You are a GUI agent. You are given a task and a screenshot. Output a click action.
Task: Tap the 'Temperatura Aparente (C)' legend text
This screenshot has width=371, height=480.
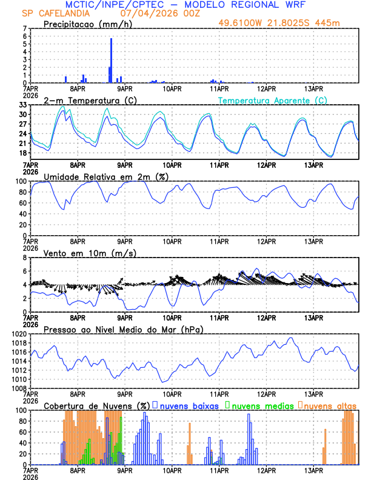click(272, 100)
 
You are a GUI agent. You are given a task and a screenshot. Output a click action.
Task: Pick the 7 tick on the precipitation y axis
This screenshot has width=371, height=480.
click(24, 28)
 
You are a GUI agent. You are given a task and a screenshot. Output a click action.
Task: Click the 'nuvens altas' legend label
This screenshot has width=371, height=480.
click(330, 405)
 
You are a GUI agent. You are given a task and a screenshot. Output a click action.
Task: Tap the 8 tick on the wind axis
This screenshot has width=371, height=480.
click(25, 258)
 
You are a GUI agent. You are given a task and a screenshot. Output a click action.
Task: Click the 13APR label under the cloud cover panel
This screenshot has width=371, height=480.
click(313, 470)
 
